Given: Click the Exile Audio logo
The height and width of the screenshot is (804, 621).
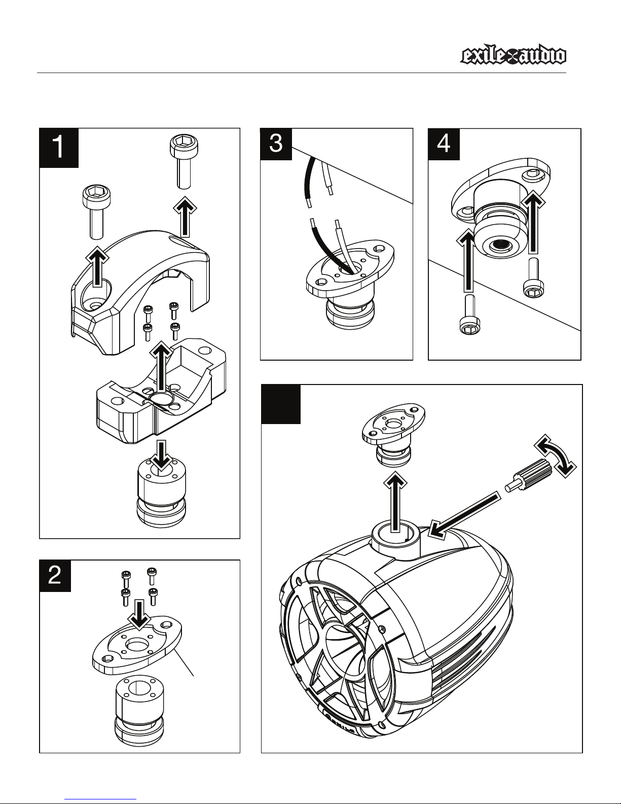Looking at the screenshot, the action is coord(513,57).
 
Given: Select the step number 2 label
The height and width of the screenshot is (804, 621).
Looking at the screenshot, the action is coord(55,576).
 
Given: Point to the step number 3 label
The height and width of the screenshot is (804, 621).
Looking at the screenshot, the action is coord(276,144).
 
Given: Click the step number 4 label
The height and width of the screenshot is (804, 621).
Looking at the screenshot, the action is coord(444,144).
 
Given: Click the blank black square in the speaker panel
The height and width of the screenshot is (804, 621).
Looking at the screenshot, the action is coord(281,404).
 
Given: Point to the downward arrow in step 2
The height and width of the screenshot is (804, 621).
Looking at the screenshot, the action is coord(139,615).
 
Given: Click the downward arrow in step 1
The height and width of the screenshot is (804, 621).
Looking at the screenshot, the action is coord(162,456).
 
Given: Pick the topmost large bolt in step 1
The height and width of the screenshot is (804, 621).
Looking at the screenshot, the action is coord(184,162).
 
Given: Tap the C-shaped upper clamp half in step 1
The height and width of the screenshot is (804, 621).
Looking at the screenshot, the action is coord(140,292).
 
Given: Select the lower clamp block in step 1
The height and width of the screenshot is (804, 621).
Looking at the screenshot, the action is coord(161,392).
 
